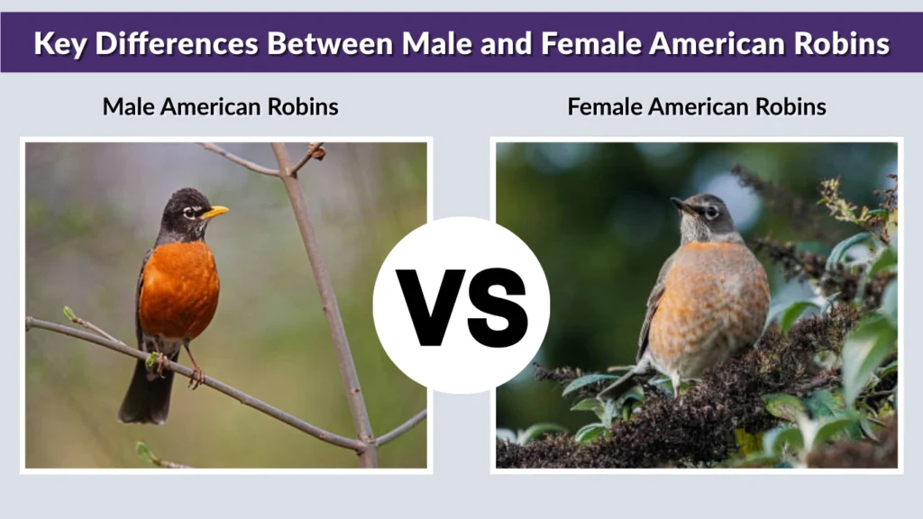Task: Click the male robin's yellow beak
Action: tap(215, 213)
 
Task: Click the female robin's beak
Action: tap(682, 206)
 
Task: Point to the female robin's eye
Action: tap(711, 213)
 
